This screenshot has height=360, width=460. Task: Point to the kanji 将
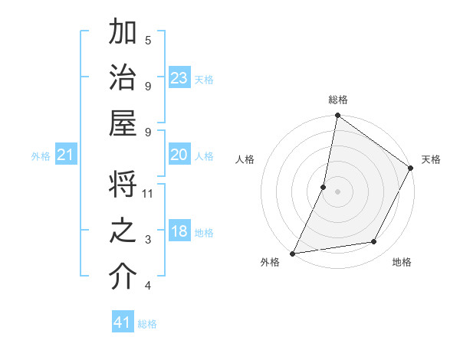123,187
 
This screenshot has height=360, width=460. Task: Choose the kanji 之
123,231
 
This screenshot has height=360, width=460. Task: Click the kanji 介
123,277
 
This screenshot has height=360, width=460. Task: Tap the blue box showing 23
179,78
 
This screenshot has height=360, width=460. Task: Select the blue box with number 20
179,155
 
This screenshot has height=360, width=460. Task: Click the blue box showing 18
179,232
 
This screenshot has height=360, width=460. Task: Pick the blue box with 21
66,155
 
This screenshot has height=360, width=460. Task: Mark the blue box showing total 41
123,322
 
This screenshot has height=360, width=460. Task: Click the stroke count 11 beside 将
148,193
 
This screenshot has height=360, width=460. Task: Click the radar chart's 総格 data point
337,116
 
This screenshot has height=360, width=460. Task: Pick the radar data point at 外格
292,254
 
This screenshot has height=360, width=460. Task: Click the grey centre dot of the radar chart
337,191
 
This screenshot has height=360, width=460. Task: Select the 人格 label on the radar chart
245,159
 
